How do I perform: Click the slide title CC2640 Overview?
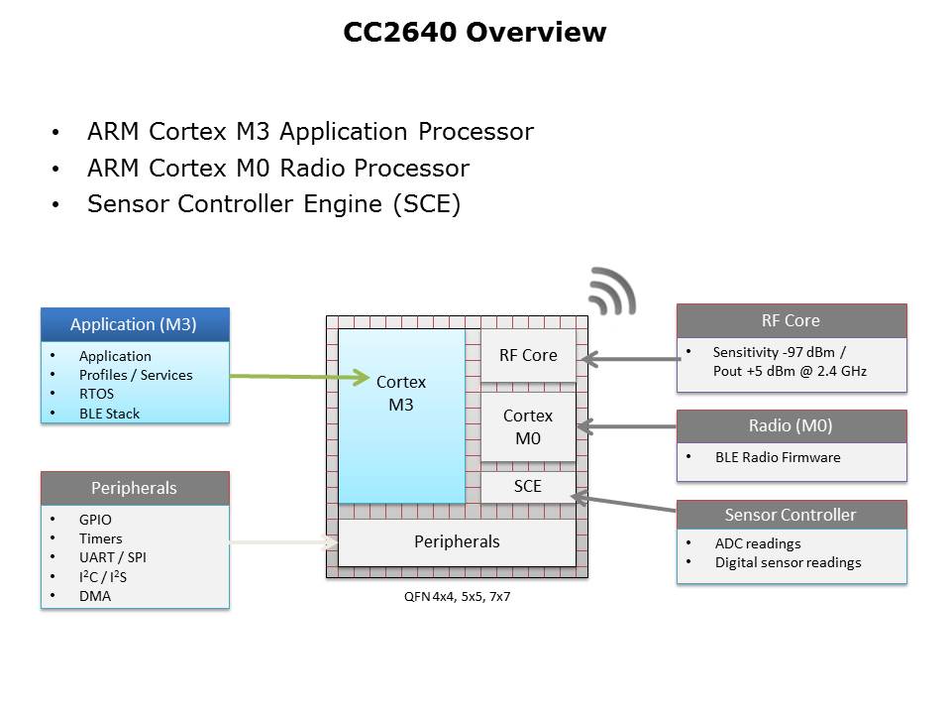click(x=475, y=33)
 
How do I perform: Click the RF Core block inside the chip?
click(x=527, y=355)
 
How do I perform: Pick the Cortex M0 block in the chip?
click(x=527, y=426)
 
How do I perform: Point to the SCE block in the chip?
click(x=527, y=486)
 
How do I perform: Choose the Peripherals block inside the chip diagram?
click(x=456, y=541)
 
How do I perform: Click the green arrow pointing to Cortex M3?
click(x=297, y=377)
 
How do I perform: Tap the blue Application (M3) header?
click(x=134, y=324)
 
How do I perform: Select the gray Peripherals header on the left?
click(x=134, y=488)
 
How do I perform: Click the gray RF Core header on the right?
click(x=791, y=320)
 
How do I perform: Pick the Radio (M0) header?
click(x=791, y=426)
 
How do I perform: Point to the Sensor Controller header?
click(x=791, y=515)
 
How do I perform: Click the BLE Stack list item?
click(x=109, y=414)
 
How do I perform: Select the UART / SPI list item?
click(x=112, y=557)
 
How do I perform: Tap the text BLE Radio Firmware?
click(x=777, y=457)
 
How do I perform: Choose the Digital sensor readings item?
click(x=788, y=562)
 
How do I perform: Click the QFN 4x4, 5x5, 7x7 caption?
click(x=450, y=598)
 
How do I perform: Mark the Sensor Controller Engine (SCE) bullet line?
click(x=273, y=205)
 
